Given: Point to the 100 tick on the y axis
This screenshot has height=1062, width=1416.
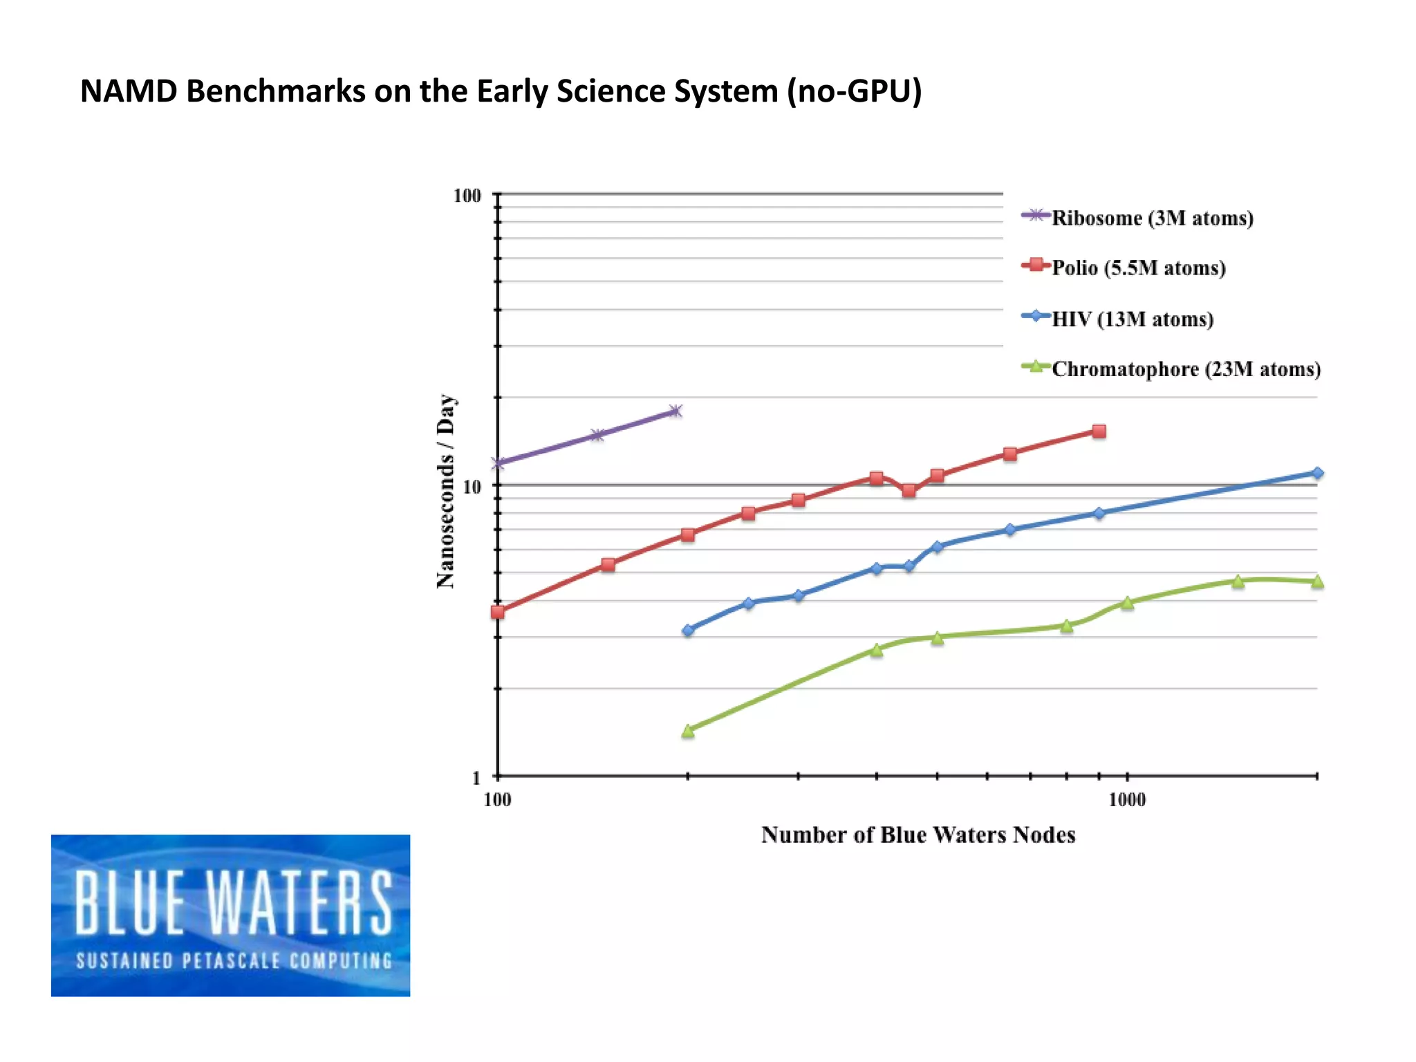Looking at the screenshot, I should [467, 196].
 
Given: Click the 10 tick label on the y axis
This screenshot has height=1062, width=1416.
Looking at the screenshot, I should [471, 487].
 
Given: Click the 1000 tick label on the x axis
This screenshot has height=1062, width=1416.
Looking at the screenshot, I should [1126, 800].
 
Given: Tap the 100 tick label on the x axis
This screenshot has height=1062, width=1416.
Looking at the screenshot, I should [497, 800].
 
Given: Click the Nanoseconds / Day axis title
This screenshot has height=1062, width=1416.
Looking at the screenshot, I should [446, 492].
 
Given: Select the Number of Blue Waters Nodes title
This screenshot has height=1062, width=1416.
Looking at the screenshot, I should [917, 835].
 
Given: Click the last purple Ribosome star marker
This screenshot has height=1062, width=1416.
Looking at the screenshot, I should [676, 411].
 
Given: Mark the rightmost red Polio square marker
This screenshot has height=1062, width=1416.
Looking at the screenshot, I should [1099, 431].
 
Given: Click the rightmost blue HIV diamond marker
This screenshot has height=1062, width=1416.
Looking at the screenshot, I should [1317, 473].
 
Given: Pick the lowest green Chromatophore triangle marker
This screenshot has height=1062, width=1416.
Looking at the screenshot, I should [687, 731].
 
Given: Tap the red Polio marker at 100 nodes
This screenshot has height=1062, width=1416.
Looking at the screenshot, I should [498, 612].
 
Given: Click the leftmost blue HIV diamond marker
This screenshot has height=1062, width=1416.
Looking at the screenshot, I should [687, 630].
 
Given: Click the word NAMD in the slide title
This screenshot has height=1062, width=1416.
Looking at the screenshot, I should [129, 91].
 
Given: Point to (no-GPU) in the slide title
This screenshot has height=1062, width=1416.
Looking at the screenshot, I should [854, 91].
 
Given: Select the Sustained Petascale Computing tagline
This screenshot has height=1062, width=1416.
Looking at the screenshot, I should [234, 961].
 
